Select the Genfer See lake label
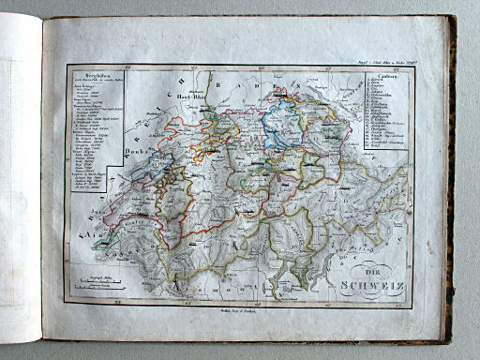(127, 222)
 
